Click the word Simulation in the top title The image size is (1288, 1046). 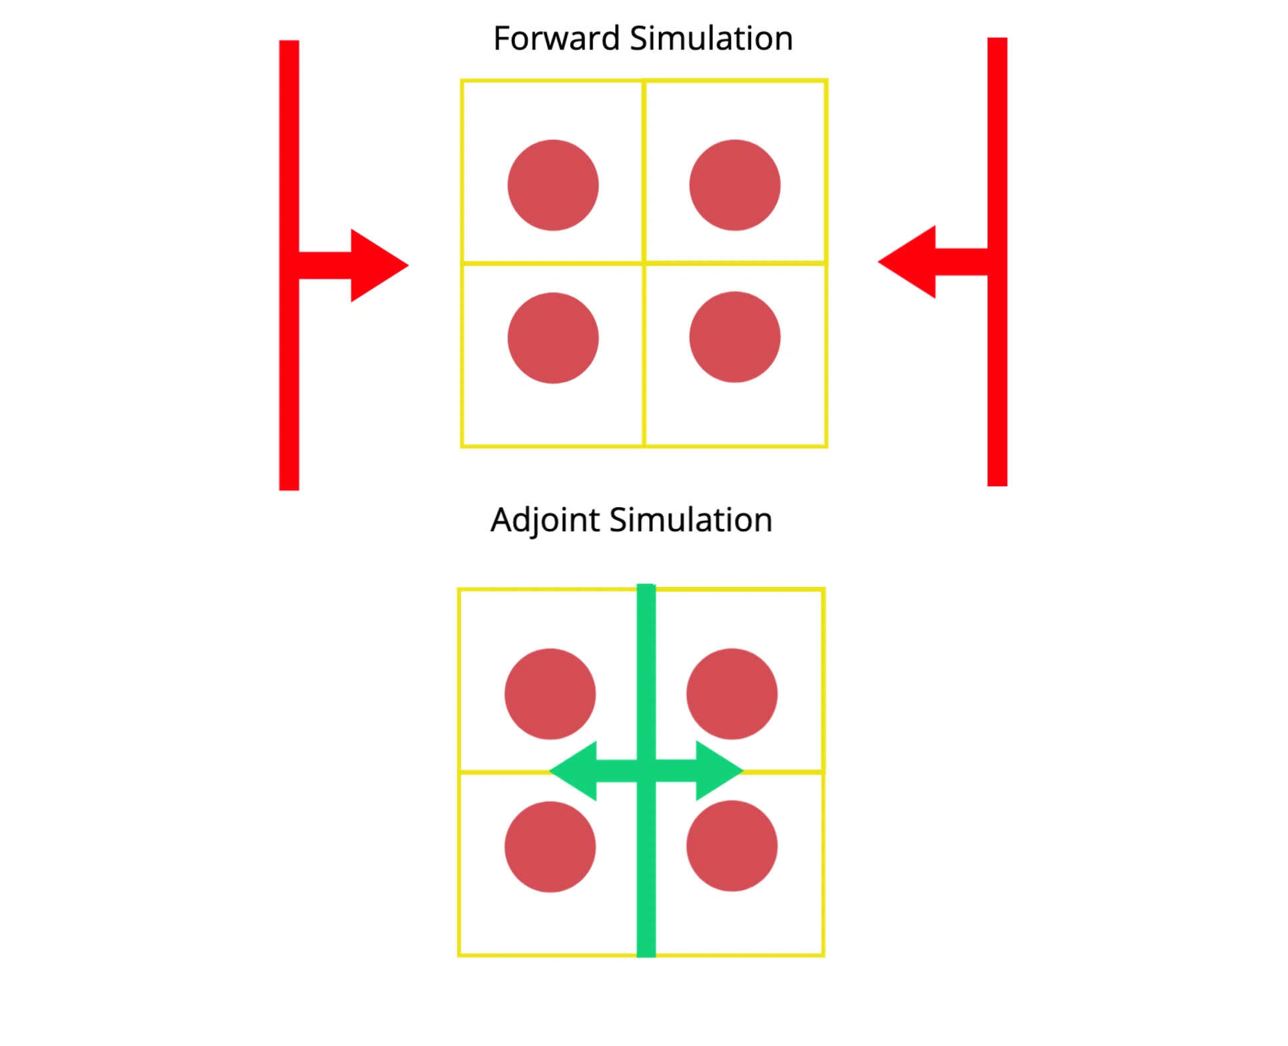pyautogui.click(x=711, y=39)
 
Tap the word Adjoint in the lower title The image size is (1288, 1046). pyautogui.click(x=545, y=520)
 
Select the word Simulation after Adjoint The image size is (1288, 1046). pyautogui.click(x=691, y=520)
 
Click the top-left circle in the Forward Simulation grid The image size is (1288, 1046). pyautogui.click(x=553, y=185)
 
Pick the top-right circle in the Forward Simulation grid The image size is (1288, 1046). pyautogui.click(x=734, y=185)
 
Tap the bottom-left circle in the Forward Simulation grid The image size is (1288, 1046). pyautogui.click(x=553, y=338)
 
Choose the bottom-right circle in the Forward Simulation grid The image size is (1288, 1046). pyautogui.click(x=734, y=337)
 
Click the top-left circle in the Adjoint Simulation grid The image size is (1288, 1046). pyautogui.click(x=550, y=694)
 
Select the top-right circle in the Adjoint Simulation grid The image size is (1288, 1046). pyautogui.click(x=732, y=694)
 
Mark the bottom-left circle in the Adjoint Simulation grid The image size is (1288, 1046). pyautogui.click(x=550, y=846)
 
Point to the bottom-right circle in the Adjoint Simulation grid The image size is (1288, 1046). pyautogui.click(x=732, y=845)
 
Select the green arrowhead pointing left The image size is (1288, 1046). pyautogui.click(x=576, y=771)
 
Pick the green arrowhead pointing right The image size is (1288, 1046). pyautogui.click(x=716, y=771)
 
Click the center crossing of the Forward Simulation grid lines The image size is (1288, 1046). pyautogui.click(x=644, y=263)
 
